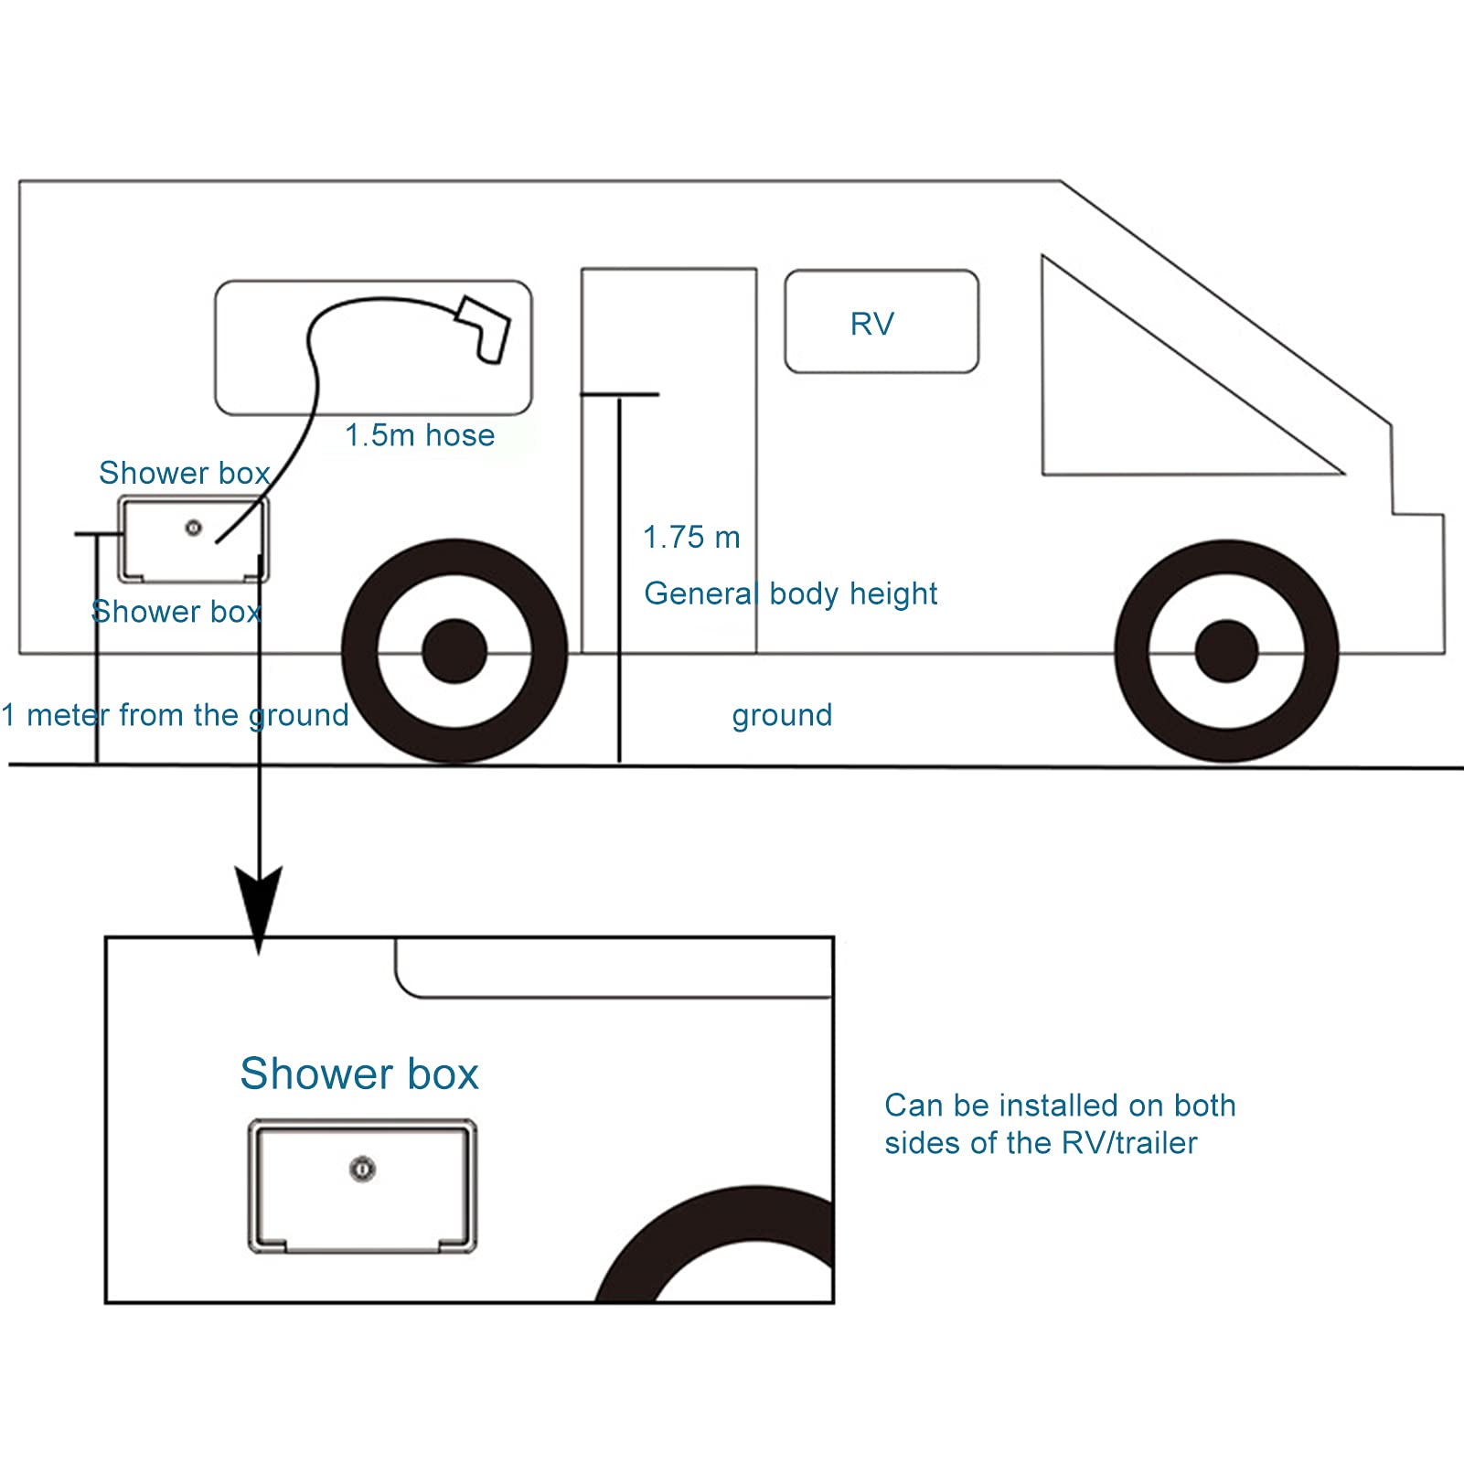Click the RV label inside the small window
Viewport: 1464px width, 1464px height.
(x=871, y=324)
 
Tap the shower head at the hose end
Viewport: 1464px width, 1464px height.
(x=486, y=329)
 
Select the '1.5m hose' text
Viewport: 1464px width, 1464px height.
(x=420, y=435)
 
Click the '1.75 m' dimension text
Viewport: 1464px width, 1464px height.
(x=691, y=538)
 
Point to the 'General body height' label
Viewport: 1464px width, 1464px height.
(x=791, y=593)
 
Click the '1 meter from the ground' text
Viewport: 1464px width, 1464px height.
(x=175, y=714)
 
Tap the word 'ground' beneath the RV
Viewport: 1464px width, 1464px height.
(x=782, y=714)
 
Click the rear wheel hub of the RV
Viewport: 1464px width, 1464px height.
(x=454, y=651)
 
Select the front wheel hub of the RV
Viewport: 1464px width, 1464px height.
(x=1226, y=651)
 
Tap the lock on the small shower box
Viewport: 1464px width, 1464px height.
(x=193, y=528)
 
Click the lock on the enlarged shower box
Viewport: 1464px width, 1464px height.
(x=363, y=1169)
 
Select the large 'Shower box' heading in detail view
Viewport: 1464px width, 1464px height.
(x=359, y=1074)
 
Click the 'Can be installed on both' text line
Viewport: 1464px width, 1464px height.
(x=1060, y=1106)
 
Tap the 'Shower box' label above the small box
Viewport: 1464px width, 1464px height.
(x=184, y=473)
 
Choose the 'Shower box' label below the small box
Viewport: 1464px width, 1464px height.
(x=176, y=611)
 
